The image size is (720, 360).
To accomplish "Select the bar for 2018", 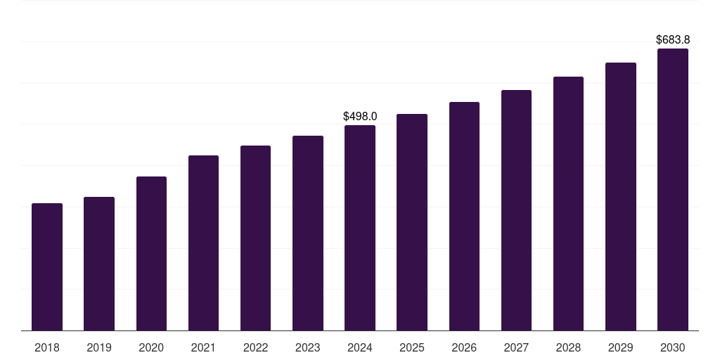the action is tap(47, 266).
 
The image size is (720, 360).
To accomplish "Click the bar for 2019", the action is tap(99, 264).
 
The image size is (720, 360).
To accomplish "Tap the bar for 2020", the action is tap(152, 253).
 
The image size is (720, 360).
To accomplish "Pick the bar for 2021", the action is tap(203, 243).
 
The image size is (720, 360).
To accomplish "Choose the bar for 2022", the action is tap(255, 238).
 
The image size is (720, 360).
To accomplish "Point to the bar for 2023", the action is tap(308, 233).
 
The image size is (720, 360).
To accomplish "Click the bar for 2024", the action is tap(360, 228).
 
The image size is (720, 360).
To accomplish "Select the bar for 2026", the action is tap(464, 217).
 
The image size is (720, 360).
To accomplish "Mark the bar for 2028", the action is tap(568, 203).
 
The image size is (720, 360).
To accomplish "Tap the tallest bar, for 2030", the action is tap(673, 190).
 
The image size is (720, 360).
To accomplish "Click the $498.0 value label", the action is tap(360, 116).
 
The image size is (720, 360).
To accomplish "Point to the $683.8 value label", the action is tap(673, 39).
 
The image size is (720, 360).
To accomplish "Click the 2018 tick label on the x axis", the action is tap(47, 347).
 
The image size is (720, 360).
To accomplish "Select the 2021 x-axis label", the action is tap(203, 347).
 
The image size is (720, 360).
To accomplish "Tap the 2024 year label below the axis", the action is tap(360, 347).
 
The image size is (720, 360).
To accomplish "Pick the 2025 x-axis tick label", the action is tap(412, 347).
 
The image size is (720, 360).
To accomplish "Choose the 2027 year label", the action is tap(516, 347).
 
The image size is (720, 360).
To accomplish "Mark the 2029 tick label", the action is tap(620, 347).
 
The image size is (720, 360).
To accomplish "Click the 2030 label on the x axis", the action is tap(673, 347).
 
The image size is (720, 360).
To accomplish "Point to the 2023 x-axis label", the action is tap(308, 347).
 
